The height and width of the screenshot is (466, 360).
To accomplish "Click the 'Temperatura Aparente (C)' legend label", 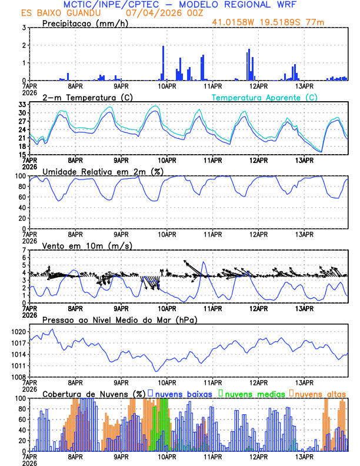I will pos(264,98).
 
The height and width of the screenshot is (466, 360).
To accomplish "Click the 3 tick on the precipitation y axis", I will pos(24,28).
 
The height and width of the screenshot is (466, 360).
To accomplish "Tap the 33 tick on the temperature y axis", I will pos(22,104).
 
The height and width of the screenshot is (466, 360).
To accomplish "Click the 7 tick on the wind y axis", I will pos(24,250).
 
